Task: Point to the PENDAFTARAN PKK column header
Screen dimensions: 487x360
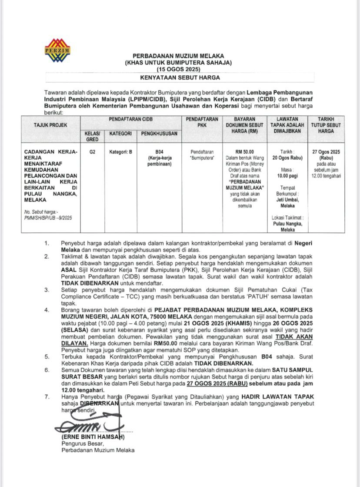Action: (202, 122)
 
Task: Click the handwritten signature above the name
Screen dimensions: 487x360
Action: (87, 425)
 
